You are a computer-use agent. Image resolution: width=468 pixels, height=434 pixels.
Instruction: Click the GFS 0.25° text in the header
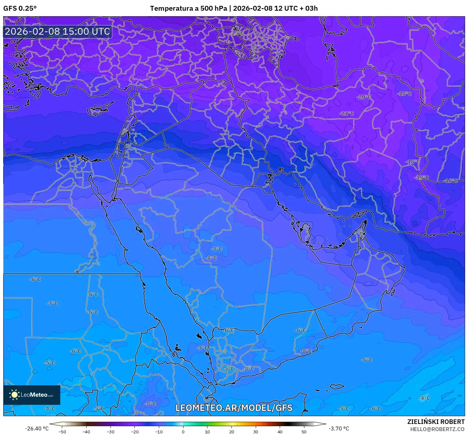tap(20, 8)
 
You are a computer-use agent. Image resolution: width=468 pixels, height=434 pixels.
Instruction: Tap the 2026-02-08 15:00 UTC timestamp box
tap(57, 31)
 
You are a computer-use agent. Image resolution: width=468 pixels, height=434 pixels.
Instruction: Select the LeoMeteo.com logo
tap(32, 395)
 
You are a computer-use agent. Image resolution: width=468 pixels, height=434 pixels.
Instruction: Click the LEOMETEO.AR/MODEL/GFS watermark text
tap(234, 408)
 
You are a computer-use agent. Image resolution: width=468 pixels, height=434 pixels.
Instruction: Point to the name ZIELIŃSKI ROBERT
tap(436, 422)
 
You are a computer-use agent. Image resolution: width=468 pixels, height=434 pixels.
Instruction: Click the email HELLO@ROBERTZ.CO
tap(437, 429)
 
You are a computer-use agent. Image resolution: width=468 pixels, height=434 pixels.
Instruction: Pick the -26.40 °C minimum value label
tap(37, 428)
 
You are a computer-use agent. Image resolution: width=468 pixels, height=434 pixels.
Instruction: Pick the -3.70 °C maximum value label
tap(339, 428)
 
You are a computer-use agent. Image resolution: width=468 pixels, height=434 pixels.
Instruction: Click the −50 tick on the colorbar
tap(62, 431)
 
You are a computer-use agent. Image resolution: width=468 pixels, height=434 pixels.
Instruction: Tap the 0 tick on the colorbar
tap(183, 431)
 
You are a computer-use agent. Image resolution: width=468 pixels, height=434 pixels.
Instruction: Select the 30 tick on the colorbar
tap(256, 431)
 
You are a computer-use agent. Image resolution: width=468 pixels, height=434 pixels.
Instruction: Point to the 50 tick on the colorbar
tap(304, 431)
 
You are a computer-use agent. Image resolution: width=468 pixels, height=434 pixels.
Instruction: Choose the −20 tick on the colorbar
tap(135, 431)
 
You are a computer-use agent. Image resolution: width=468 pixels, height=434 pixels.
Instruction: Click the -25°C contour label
tap(237, 33)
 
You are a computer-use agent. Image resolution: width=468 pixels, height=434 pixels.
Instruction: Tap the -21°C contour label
tap(347, 113)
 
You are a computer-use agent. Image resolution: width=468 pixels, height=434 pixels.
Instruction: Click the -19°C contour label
tap(422, 177)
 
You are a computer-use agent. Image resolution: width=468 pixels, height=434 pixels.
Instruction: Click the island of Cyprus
tap(99, 109)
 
